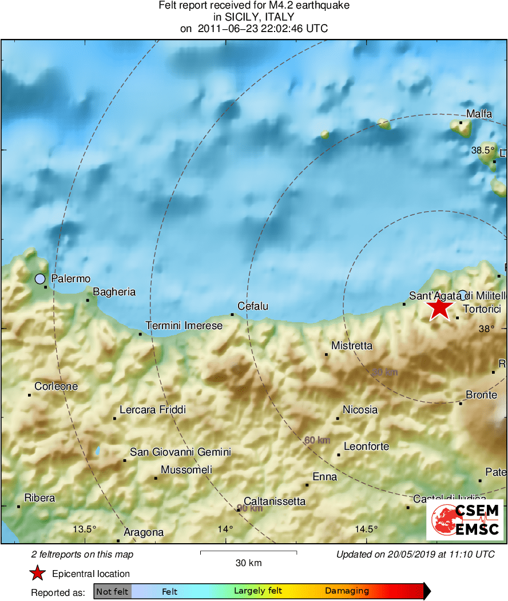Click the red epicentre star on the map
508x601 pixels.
click(x=439, y=307)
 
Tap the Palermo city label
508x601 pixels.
click(x=71, y=279)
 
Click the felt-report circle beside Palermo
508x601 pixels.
click(x=39, y=279)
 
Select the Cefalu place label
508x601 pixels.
click(x=252, y=307)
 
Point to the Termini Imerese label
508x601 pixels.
click(x=184, y=326)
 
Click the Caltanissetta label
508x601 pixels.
click(x=275, y=501)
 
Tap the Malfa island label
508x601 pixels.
click(x=479, y=114)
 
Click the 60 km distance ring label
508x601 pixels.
click(x=317, y=440)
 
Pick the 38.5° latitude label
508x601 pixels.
click(x=483, y=151)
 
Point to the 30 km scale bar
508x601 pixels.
click(x=248, y=552)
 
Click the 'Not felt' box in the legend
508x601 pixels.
click(x=112, y=591)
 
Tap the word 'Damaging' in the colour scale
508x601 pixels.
click(x=347, y=591)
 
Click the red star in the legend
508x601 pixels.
click(x=38, y=574)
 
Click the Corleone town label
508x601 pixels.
click(x=56, y=386)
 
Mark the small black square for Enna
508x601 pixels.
click(x=307, y=485)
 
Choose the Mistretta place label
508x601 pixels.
click(x=352, y=346)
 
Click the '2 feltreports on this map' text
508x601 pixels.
click(x=82, y=554)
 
